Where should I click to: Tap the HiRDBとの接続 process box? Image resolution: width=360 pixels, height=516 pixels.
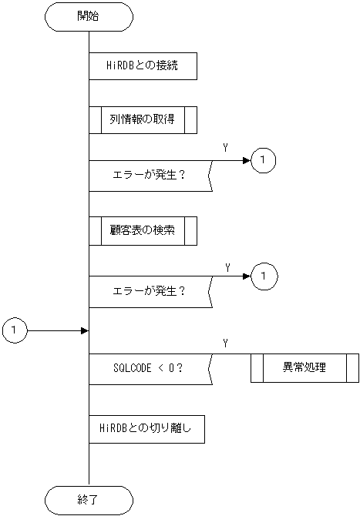143,65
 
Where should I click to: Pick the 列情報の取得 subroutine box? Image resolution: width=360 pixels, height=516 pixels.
143,119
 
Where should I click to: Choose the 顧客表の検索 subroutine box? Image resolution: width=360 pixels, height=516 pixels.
143,230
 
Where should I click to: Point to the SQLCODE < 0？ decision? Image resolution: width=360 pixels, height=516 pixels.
147,367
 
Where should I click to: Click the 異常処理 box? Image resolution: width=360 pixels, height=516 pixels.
304,367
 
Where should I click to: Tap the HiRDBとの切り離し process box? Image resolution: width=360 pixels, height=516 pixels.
146,429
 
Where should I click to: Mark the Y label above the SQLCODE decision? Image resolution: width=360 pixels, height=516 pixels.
224,342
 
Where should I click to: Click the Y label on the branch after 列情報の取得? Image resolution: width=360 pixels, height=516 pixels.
225,147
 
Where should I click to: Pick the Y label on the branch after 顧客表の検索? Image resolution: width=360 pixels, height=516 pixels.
227,266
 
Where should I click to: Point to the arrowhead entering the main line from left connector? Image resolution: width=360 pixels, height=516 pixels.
85,330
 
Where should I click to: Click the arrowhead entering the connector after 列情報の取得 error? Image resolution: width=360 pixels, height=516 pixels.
247,160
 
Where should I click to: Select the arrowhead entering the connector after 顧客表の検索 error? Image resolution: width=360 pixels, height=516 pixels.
247,275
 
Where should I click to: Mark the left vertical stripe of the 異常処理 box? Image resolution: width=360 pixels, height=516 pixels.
257,367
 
